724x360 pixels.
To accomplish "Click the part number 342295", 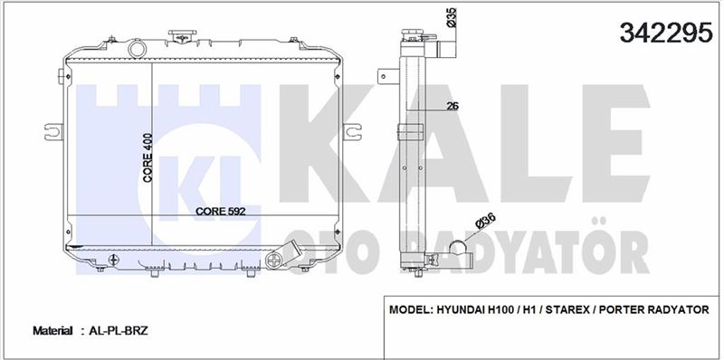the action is (x=666, y=33).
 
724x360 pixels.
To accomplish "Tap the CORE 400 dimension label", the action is (x=148, y=158).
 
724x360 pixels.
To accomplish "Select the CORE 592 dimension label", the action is (x=220, y=211).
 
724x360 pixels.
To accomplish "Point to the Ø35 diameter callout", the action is (x=451, y=17).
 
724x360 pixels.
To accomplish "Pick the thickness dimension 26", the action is (x=452, y=106).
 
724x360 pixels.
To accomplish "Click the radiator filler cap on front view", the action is (x=182, y=35).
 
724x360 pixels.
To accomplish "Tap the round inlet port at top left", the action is (x=137, y=49).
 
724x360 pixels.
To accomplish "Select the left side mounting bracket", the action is (x=53, y=131).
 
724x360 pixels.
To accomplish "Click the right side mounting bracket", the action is (x=352, y=132).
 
